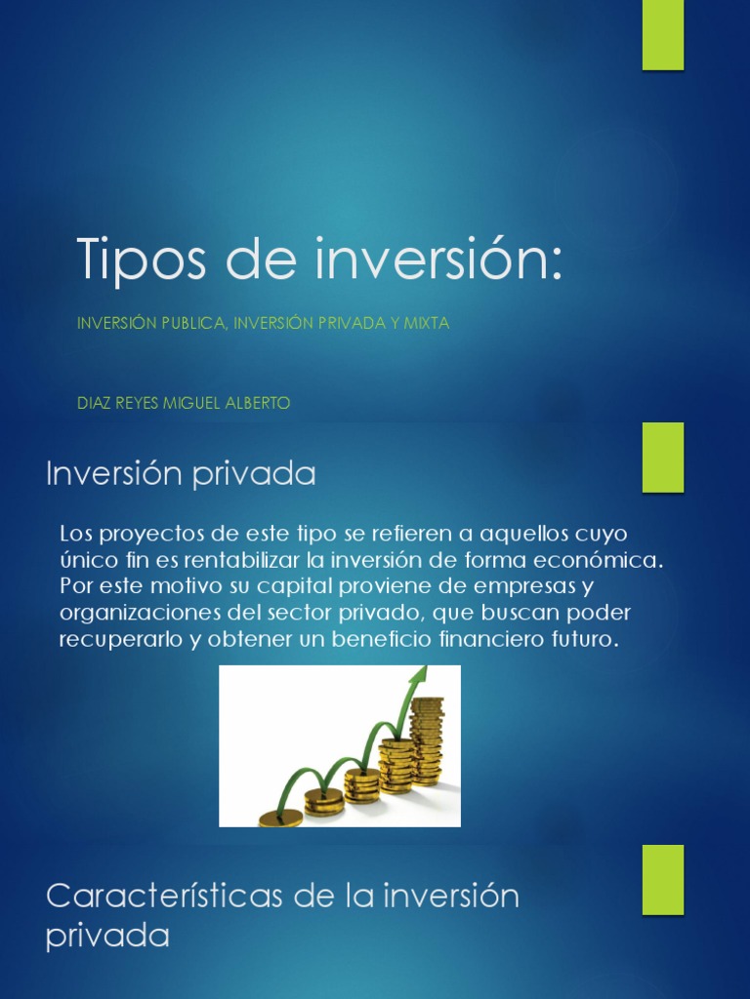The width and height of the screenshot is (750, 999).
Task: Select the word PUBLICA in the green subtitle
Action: (x=190, y=324)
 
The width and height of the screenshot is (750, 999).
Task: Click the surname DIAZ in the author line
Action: (x=94, y=403)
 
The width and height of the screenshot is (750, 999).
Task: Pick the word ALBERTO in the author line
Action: (x=258, y=403)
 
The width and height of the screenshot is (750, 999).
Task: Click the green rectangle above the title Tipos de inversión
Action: (x=662, y=35)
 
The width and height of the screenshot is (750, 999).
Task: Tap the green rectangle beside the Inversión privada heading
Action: (x=662, y=457)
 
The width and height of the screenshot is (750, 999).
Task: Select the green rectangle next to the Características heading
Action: (x=662, y=879)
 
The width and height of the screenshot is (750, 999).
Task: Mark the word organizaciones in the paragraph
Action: (x=126, y=615)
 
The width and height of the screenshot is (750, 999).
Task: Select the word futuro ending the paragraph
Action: (x=588, y=641)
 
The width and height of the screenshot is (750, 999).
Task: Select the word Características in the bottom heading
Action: (x=158, y=896)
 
